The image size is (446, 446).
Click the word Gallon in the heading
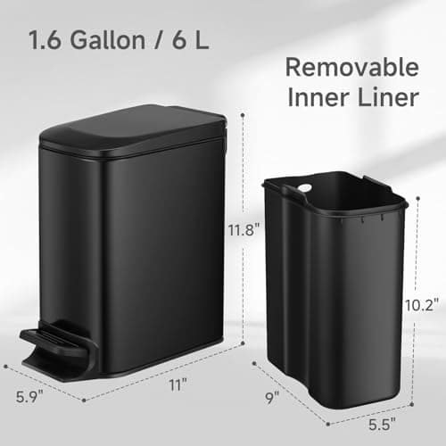click(103, 40)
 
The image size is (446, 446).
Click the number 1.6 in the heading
click(45, 40)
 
